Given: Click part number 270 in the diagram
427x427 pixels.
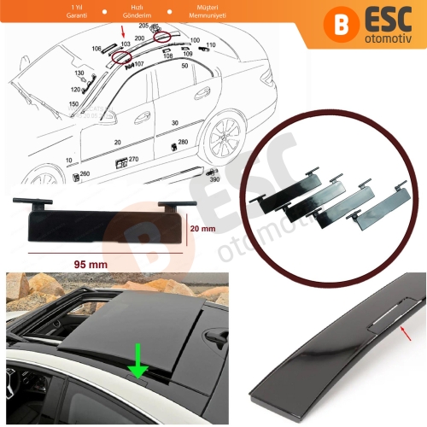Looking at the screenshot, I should [x=133, y=159].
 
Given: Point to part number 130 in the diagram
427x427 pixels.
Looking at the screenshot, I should [x=79, y=74].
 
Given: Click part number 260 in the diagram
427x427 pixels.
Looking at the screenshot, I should [x=84, y=174].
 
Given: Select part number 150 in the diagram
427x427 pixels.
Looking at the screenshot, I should [x=72, y=102].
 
